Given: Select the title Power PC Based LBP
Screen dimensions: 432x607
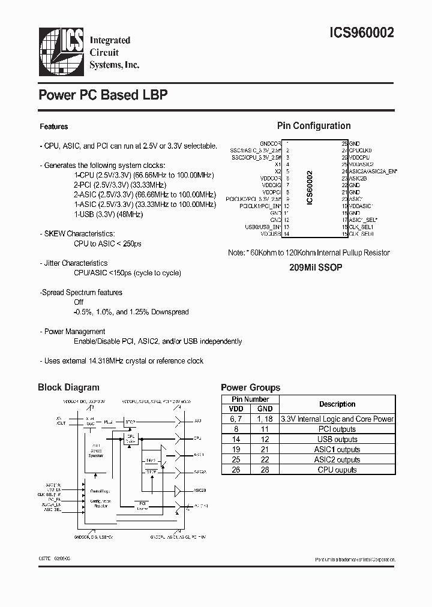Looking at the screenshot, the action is [103, 95].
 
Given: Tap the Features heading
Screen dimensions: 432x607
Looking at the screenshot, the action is [53, 127].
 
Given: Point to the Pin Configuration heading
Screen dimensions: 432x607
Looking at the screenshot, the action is [313, 126].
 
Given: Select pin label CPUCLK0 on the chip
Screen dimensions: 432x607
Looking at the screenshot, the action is [361, 151].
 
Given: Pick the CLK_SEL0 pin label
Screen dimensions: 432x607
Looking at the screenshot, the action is [361, 234].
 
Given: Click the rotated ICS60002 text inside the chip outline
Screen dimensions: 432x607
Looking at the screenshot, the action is [310, 187].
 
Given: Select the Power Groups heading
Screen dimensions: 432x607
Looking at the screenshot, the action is [250, 387].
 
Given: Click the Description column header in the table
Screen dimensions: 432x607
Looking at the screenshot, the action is [337, 404].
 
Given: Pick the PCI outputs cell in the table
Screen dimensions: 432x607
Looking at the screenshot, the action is [337, 429].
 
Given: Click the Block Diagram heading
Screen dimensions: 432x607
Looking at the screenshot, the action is [68, 387].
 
